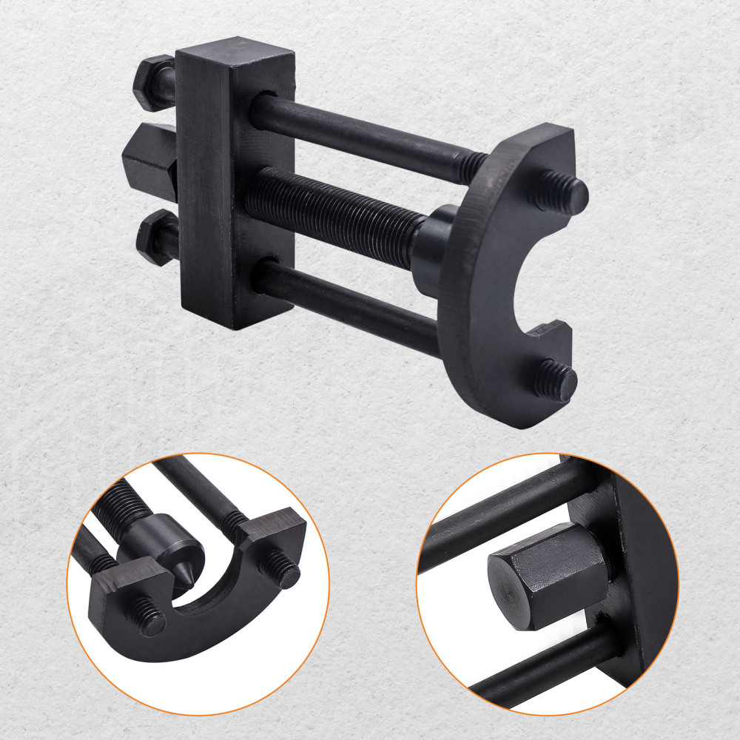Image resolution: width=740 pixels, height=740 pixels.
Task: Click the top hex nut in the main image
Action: click(x=153, y=82)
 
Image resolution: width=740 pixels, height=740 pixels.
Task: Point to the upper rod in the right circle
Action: click(x=503, y=511)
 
